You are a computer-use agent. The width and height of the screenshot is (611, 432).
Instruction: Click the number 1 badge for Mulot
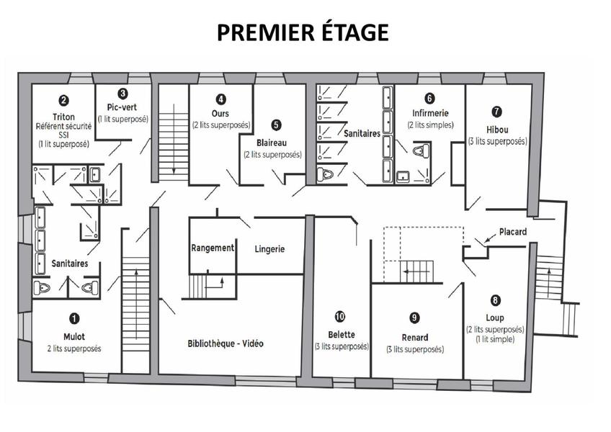click(x=74, y=319)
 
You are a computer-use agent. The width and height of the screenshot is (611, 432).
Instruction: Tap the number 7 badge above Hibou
click(x=496, y=112)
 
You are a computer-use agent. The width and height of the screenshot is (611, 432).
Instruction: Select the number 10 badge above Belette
click(x=340, y=317)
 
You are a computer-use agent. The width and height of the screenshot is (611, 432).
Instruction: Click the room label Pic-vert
click(x=122, y=107)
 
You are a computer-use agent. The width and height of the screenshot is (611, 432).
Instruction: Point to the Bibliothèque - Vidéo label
click(x=226, y=343)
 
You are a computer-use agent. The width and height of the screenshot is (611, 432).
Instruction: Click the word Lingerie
click(x=269, y=249)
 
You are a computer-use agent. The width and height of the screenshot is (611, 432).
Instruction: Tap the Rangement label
click(x=213, y=248)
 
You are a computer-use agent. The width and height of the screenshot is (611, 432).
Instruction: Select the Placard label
click(x=513, y=232)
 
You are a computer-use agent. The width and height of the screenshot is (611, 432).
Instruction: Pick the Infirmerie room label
click(x=430, y=113)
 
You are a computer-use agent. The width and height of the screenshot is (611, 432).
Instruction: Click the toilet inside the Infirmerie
click(x=422, y=150)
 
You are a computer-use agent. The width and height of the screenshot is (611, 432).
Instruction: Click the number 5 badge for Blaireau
click(x=276, y=125)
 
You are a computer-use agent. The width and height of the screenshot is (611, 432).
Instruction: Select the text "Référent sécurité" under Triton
click(x=63, y=126)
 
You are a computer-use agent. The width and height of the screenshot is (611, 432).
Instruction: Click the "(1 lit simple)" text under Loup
click(x=495, y=339)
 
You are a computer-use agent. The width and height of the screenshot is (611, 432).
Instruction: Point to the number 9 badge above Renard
click(x=414, y=318)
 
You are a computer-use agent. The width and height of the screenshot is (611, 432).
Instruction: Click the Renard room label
click(x=415, y=338)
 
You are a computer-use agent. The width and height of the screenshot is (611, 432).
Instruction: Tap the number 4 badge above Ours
click(x=220, y=99)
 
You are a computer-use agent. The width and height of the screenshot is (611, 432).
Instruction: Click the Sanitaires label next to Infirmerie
click(x=362, y=134)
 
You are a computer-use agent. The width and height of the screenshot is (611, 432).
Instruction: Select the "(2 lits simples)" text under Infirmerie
click(x=431, y=125)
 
